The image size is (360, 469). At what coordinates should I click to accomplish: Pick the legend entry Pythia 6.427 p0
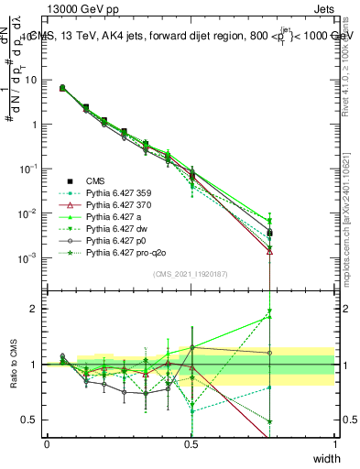117,248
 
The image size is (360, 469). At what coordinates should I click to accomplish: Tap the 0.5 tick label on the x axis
191,442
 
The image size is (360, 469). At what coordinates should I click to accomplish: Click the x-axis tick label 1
334,442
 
